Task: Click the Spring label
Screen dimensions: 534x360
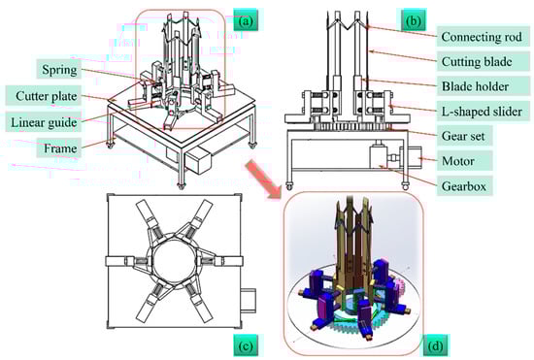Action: [59, 70]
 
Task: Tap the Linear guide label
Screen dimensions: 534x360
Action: [44, 122]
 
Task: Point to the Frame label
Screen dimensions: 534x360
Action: [59, 148]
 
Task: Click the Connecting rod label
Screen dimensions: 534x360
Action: [482, 37]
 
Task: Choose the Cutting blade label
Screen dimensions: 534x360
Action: [477, 61]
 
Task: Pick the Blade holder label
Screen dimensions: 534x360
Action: [476, 86]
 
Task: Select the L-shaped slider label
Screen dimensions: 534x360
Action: [482, 112]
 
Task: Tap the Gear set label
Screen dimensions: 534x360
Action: [463, 136]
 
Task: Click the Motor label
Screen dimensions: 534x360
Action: [458, 161]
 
